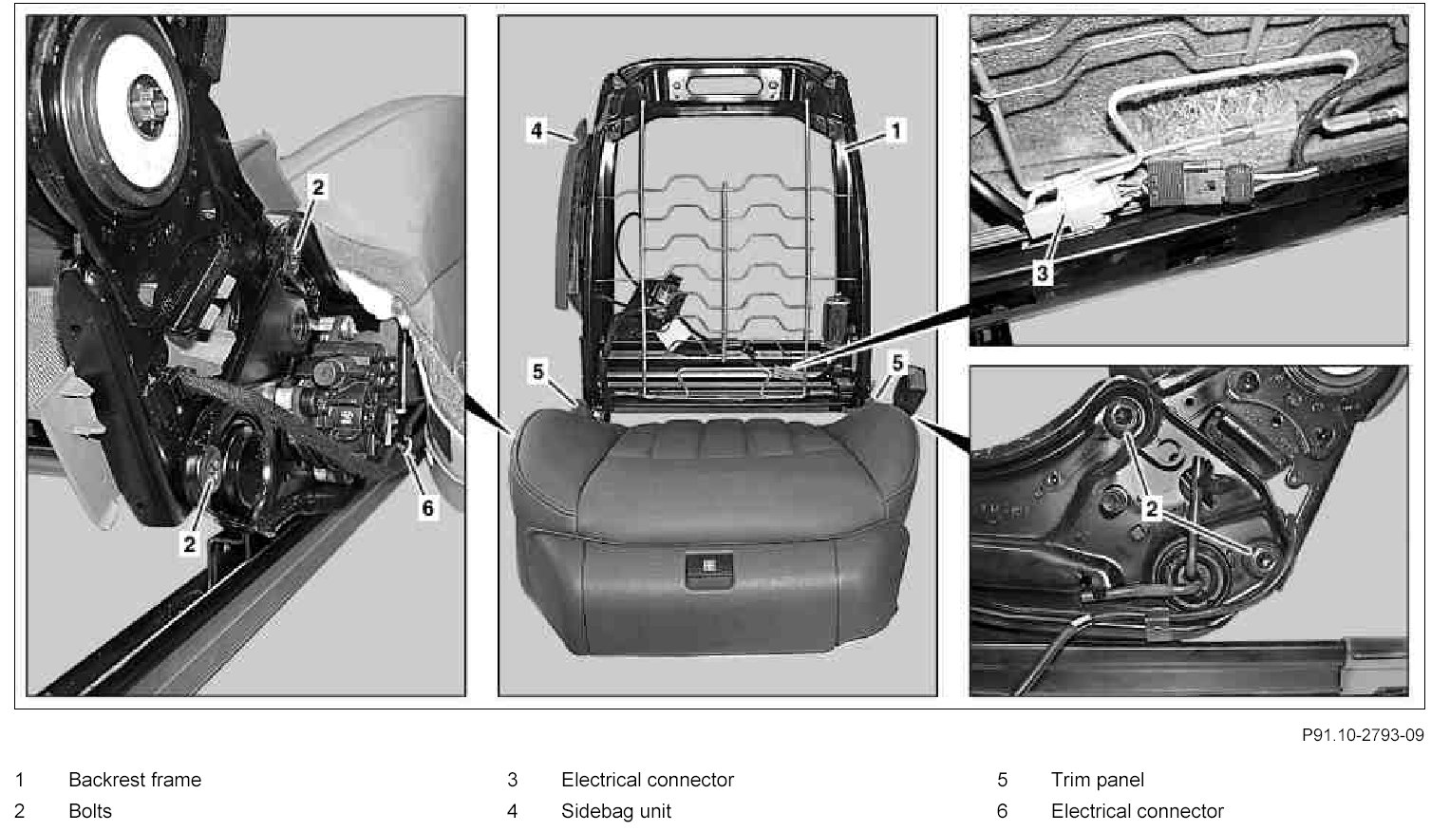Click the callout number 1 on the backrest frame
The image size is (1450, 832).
coord(895,131)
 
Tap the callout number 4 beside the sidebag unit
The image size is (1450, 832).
coord(537,131)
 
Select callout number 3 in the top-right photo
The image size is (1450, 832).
coord(1043,274)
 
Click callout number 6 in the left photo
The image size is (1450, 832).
coord(427,508)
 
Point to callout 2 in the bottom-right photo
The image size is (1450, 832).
coord(1151,509)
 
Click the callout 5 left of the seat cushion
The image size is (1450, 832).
coord(538,371)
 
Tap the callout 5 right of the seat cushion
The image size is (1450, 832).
coord(897,363)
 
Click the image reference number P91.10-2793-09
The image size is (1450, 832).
coord(1364,735)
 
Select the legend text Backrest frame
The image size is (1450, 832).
coord(135,780)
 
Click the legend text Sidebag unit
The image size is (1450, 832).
coord(615,811)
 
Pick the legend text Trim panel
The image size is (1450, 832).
coord(1097,780)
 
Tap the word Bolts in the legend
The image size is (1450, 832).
coord(90,811)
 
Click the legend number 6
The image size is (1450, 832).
coord(1002,811)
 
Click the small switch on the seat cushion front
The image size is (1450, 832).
coord(708,569)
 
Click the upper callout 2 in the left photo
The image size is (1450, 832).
coord(317,188)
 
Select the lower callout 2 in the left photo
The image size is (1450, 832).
coord(189,544)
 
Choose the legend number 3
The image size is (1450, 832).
coord(512,780)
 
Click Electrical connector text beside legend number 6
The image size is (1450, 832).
coord(1138,811)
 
